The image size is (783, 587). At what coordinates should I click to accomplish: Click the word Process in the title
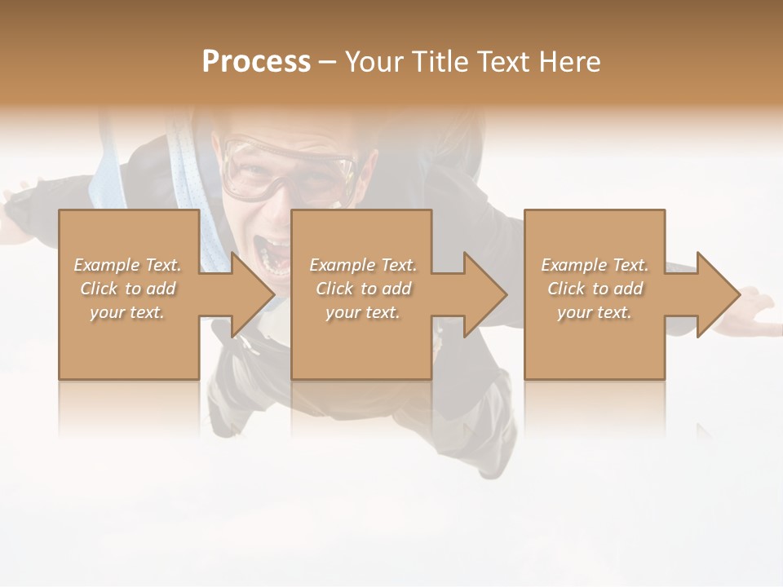click(256, 62)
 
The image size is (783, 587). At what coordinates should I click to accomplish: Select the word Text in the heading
click(504, 62)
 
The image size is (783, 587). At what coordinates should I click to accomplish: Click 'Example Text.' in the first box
click(128, 265)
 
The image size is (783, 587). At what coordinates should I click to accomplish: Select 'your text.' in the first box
click(128, 312)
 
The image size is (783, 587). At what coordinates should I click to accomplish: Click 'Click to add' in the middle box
click(363, 289)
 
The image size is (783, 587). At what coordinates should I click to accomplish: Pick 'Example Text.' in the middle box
click(363, 265)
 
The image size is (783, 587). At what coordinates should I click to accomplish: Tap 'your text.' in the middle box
click(363, 312)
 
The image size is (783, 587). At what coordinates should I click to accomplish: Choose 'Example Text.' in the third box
click(595, 265)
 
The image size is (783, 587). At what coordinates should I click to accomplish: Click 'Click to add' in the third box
click(595, 289)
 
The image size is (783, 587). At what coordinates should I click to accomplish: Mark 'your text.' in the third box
click(595, 312)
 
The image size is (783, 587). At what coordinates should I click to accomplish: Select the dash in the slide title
click(328, 62)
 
